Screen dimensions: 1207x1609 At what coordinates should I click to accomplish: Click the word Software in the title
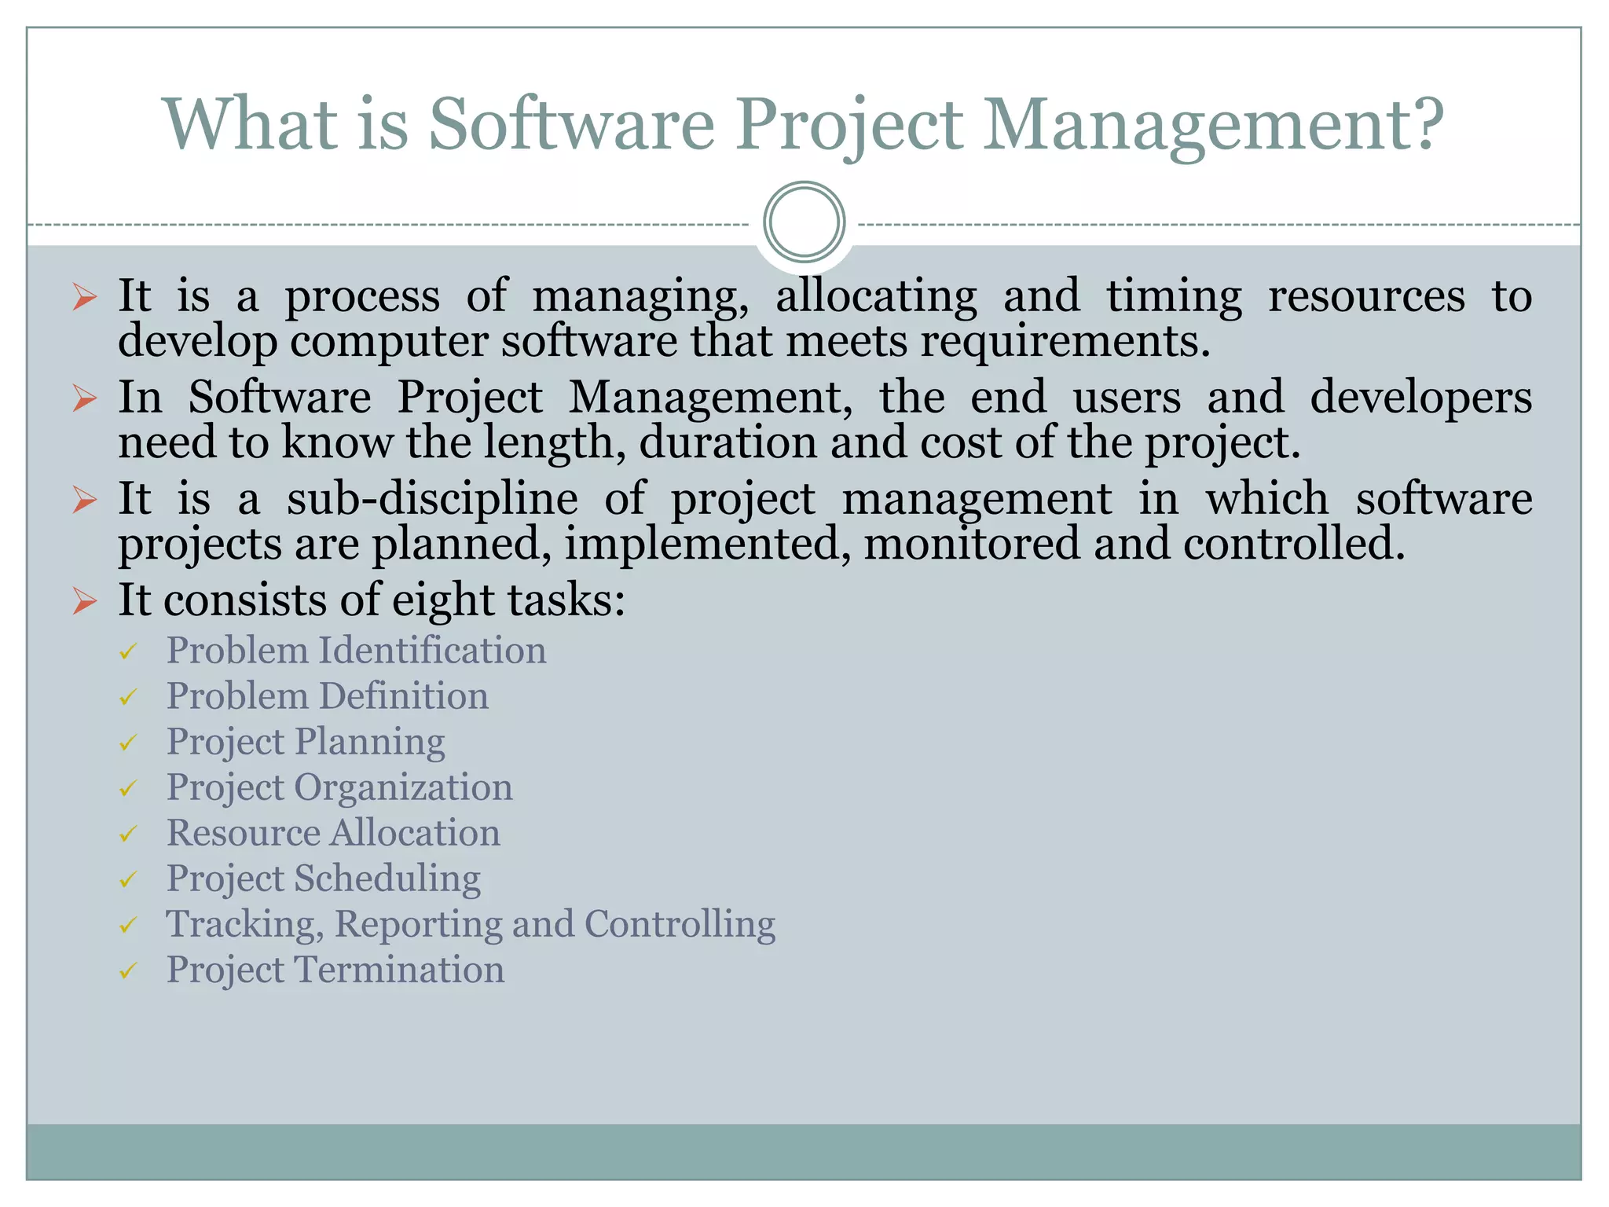[571, 124]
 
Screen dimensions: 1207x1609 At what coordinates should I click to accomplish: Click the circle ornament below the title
[804, 222]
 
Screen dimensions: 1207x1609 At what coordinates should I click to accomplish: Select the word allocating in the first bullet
[876, 296]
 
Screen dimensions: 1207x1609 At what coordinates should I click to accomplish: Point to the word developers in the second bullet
[1420, 397]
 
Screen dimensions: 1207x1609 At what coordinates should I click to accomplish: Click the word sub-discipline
[432, 499]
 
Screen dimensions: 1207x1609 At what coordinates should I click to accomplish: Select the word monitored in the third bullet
[972, 544]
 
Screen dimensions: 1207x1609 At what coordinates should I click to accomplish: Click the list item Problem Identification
[356, 651]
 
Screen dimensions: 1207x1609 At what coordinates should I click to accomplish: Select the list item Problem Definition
[327, 696]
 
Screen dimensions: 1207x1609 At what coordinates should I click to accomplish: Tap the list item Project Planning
[306, 742]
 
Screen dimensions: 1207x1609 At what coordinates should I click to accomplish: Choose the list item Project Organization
[339, 787]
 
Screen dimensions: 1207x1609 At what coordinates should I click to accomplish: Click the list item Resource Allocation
[333, 833]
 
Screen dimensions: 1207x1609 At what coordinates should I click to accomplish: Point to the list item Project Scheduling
[324, 879]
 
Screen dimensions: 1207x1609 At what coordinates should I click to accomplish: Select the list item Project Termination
[335, 970]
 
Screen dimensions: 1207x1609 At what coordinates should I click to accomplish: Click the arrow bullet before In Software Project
[84, 398]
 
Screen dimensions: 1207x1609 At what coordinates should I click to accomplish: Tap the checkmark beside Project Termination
[128, 971]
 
